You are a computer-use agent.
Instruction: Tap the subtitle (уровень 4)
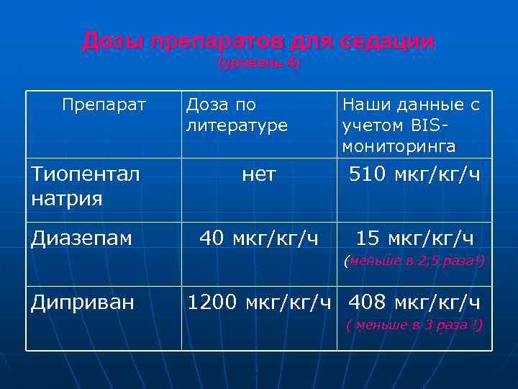coord(258,63)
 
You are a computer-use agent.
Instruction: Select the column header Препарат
coord(104,105)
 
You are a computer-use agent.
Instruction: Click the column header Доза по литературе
coord(236,115)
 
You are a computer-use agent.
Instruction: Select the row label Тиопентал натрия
coord(85,186)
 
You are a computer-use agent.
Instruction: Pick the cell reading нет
coord(258,175)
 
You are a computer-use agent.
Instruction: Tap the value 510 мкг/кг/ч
coord(414,175)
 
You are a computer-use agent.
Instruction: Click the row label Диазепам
coord(81,238)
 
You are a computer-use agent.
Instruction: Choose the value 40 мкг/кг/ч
coord(258,238)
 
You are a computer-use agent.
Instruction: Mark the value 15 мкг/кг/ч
coord(415,238)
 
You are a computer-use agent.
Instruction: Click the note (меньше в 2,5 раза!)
coord(414,260)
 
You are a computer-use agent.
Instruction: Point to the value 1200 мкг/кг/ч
coord(258,302)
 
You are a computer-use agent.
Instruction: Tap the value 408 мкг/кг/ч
coord(414,302)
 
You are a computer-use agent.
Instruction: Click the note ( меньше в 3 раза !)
coord(414,324)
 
